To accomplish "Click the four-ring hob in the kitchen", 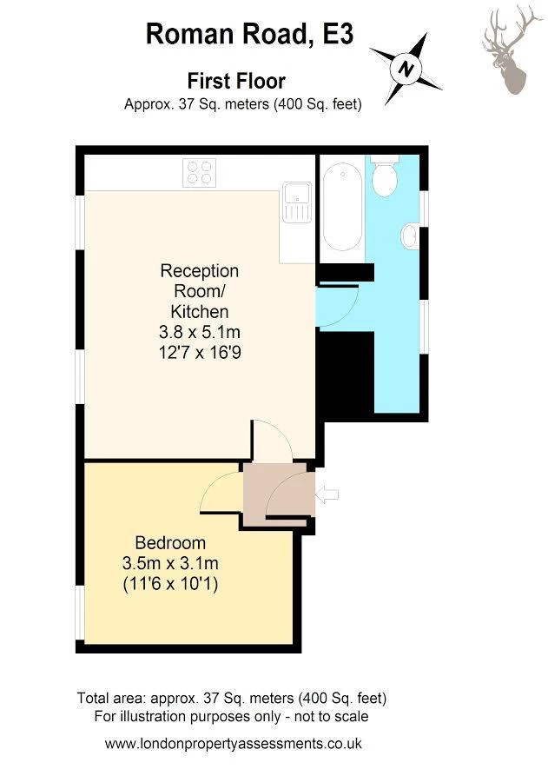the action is pyautogui.click(x=200, y=172).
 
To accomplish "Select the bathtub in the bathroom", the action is pyautogui.click(x=342, y=206).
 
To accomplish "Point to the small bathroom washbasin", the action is pyautogui.click(x=410, y=236).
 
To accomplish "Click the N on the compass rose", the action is pyautogui.click(x=406, y=68).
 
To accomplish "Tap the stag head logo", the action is pyautogui.click(x=512, y=49).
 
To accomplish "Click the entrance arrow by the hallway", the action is pyautogui.click(x=327, y=494).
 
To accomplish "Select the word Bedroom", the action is pyautogui.click(x=170, y=543).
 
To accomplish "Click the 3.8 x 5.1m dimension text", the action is pyautogui.click(x=200, y=332).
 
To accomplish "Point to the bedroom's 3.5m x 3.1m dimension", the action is pyautogui.click(x=170, y=563).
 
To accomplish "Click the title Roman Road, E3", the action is pyautogui.click(x=250, y=34).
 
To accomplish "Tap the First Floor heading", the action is pyautogui.click(x=236, y=81).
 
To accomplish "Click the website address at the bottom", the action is pyautogui.click(x=234, y=743).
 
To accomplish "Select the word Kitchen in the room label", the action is pyautogui.click(x=200, y=311).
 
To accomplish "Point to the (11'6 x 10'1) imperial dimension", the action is pyautogui.click(x=170, y=584).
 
